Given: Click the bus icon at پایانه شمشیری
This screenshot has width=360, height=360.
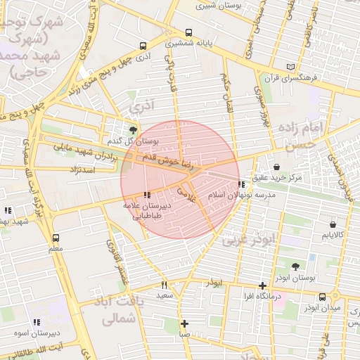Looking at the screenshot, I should coord(188,32).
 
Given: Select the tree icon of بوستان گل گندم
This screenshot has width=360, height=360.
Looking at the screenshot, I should coord(133,129).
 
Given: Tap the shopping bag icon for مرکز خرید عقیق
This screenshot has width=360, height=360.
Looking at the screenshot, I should coord(276,167).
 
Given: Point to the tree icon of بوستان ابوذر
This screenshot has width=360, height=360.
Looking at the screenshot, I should coord(295,266).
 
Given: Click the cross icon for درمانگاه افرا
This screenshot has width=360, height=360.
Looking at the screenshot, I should coord(262,285).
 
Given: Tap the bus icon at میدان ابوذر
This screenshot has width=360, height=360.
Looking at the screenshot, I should coord(322,297).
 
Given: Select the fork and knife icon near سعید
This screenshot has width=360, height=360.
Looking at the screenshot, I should coord(165,285).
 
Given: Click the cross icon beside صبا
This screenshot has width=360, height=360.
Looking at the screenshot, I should coord(184,324).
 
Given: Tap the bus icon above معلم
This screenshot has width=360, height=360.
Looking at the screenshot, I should coord(56,238).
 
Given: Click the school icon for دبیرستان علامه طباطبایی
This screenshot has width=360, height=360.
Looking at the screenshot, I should coord(146,195).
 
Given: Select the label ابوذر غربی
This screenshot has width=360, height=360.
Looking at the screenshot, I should coord(250,240).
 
